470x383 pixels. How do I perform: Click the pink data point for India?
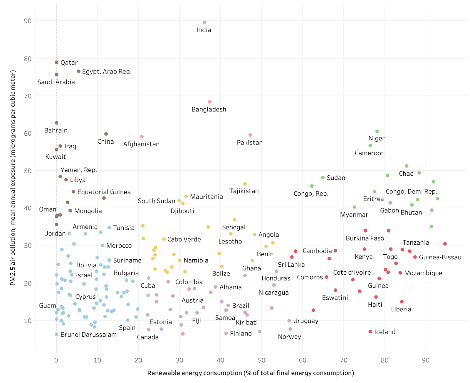coord(204,22)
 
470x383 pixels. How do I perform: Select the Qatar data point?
coord(57,62)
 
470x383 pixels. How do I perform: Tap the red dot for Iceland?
coord(370,332)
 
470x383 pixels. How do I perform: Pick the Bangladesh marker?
coord(210,102)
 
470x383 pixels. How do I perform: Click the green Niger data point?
coord(377,131)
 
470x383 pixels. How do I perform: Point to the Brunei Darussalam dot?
coord(56,334)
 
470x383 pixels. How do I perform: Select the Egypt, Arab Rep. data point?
coord(79,71)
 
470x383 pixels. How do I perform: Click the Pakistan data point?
coord(250,135)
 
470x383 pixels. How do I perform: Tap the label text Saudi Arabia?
coord(56,82)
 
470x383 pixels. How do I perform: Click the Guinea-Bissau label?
coord(440,257)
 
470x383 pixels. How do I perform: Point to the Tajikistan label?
coord(244,191)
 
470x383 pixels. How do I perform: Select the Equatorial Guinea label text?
coord(104,192)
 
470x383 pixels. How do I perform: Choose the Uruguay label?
coord(305,321)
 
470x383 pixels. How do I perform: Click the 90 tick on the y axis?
coord(28,21)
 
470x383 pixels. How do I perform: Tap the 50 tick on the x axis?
coord(261,360)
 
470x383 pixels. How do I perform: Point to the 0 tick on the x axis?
coord(56,360)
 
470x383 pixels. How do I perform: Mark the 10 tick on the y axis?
coord(28,321)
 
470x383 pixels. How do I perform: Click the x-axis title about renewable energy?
coord(251,373)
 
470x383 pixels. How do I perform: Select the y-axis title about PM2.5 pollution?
coord(13,178)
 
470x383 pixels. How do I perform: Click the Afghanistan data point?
coord(142,137)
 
